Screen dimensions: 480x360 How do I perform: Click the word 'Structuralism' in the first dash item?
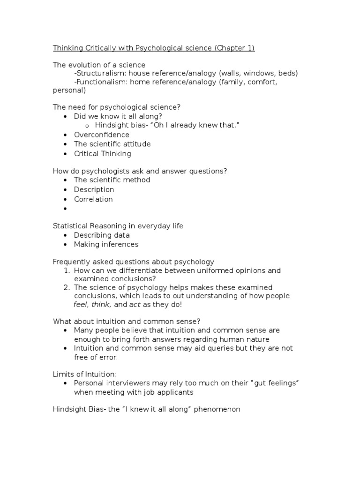click(99, 74)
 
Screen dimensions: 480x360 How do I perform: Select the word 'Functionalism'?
click(101, 82)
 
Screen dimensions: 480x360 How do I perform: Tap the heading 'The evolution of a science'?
click(99, 65)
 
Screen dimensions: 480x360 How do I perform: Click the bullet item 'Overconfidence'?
click(101, 135)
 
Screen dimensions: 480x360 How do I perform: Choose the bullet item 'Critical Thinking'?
click(102, 153)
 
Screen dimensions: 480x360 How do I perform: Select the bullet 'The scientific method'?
click(112, 180)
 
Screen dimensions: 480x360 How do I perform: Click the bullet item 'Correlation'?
click(93, 199)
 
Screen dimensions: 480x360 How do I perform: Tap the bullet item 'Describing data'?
click(102, 235)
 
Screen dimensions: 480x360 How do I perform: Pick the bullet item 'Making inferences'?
click(106, 244)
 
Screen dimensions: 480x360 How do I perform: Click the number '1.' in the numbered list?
click(67, 270)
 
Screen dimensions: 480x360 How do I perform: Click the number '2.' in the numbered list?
click(67, 287)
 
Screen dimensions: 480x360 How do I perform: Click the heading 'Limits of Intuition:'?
click(84, 374)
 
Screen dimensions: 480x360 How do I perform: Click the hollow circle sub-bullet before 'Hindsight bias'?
click(87, 126)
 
